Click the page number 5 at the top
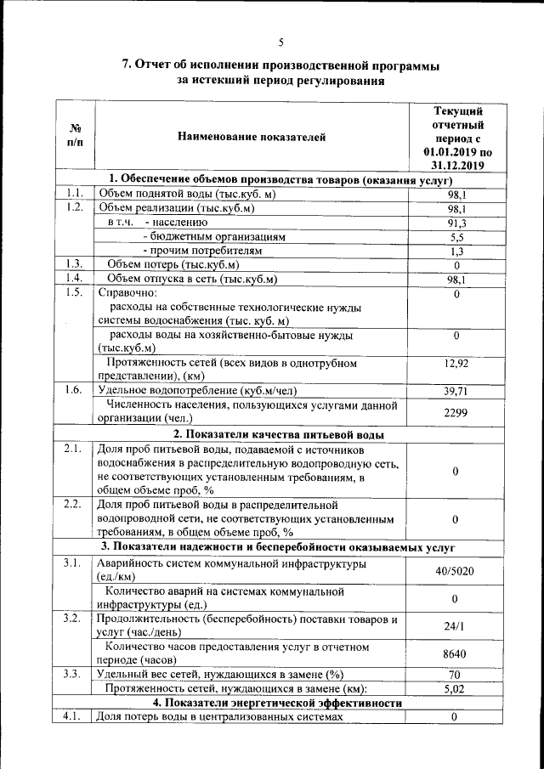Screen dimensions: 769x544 click(280, 42)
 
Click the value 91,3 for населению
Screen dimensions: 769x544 click(457, 223)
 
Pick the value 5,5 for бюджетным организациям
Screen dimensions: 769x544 click(457, 237)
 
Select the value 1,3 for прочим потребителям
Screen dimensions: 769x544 click(457, 251)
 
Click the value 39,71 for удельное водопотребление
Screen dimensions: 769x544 click(456, 392)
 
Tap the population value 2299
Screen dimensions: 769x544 click(456, 412)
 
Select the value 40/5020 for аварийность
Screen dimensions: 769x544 click(456, 571)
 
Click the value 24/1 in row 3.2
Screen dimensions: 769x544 click(456, 626)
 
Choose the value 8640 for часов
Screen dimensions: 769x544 click(456, 654)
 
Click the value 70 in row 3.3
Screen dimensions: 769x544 click(456, 675)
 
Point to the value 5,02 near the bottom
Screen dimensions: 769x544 click(456, 689)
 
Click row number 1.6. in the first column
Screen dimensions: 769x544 click(74, 390)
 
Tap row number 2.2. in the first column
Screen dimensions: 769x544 click(74, 504)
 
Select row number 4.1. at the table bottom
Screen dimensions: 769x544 click(74, 717)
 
